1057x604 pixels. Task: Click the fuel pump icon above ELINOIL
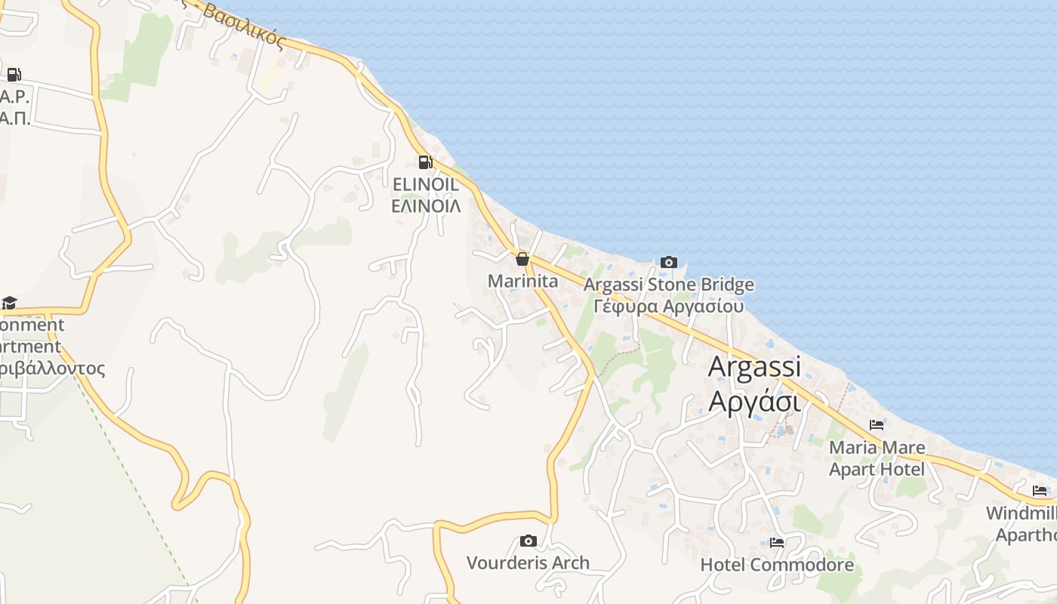[426, 162]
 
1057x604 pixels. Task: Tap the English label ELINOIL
[426, 184]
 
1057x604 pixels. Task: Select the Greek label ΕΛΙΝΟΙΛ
[426, 205]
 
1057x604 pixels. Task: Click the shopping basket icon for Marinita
[522, 260]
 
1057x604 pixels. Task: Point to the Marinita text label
[522, 282]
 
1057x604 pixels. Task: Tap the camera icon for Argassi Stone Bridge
[668, 263]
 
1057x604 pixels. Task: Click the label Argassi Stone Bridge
[668, 285]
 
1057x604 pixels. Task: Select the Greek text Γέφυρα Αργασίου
[668, 306]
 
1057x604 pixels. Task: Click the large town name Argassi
[754, 367]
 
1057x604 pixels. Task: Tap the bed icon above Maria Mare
[876, 425]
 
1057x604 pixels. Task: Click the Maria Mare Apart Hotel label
[877, 458]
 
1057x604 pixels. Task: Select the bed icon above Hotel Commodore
[777, 542]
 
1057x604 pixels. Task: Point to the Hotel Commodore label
[777, 565]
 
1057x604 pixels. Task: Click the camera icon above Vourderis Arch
[528, 541]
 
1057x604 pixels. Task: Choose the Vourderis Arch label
[528, 562]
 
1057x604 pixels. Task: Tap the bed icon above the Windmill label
[1040, 491]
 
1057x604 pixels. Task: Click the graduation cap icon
[9, 303]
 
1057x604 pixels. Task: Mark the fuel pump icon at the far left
[14, 74]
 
